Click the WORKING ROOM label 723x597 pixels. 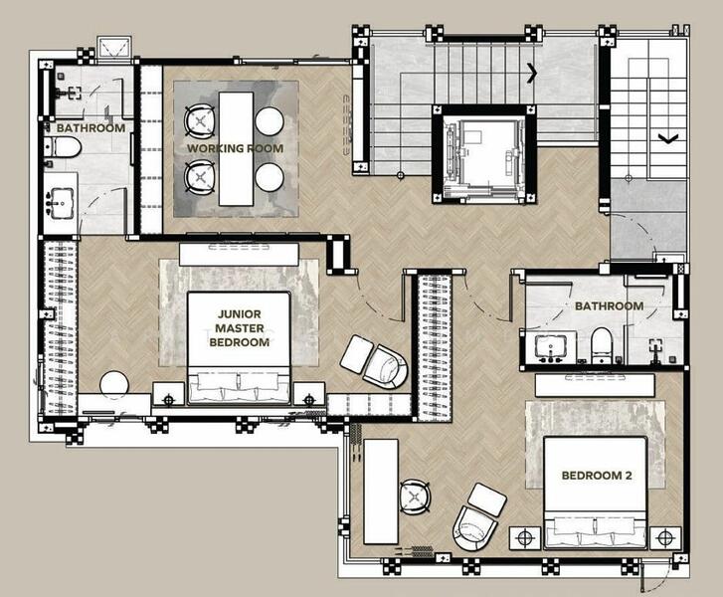[235, 148]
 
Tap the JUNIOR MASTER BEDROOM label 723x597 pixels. [239, 328]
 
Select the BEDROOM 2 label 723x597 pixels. [596, 476]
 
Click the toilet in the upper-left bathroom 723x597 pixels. [64, 147]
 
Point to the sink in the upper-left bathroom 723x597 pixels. [62, 203]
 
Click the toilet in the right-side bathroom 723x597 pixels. [602, 344]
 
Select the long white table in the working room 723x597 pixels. [236, 148]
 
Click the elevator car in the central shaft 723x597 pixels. [483, 155]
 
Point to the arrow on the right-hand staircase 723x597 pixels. [667, 137]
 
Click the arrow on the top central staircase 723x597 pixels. [533, 73]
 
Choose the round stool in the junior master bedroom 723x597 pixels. [114, 384]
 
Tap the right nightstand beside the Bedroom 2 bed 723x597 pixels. [665, 537]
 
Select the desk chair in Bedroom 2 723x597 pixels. [415, 497]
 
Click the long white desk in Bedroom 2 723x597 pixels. [381, 492]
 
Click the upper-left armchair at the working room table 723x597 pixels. [199, 120]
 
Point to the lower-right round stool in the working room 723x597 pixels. [270, 177]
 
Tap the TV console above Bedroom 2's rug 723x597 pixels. [595, 385]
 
